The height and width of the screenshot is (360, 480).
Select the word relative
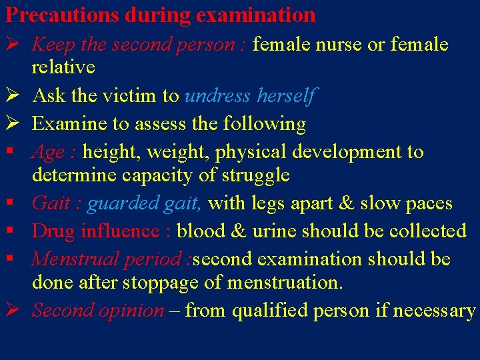pos(63,67)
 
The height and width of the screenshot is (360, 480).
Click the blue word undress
pos(219,96)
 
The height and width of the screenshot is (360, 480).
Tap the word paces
pos(428,203)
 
